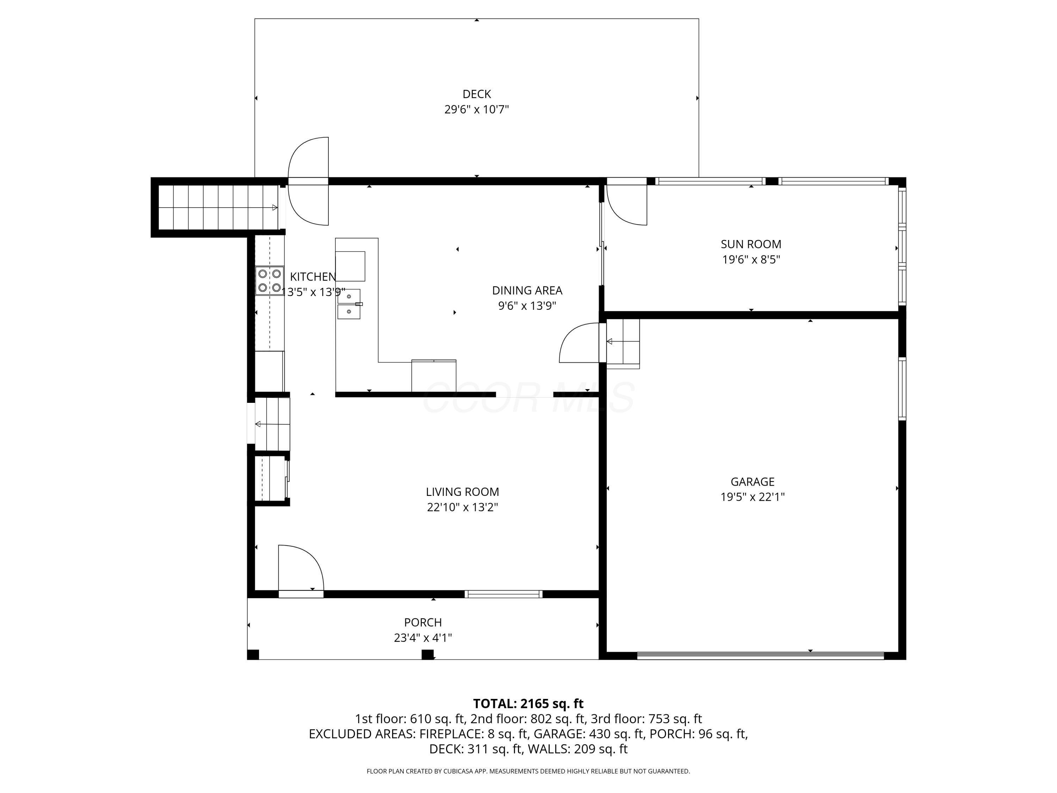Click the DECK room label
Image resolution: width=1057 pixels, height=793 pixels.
pos(476,94)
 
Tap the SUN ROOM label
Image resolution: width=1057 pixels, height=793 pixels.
pos(751,244)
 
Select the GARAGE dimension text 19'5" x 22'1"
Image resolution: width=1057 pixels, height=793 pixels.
pos(753,497)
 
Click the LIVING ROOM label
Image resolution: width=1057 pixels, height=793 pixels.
pos(462,492)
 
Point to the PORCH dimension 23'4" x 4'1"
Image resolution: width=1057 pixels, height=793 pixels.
pos(423,638)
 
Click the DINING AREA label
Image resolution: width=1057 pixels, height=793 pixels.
pos(527,291)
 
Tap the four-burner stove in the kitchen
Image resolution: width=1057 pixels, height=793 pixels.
pos(270,281)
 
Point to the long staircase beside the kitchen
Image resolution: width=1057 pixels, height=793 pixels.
pos(218,208)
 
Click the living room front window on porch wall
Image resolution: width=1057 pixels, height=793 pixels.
pos(503,594)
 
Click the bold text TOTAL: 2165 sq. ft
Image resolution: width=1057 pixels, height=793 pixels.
pos(528,703)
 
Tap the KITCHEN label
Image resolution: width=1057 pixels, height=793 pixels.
pos(313,277)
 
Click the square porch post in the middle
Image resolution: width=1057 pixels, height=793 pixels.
pos(428,654)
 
